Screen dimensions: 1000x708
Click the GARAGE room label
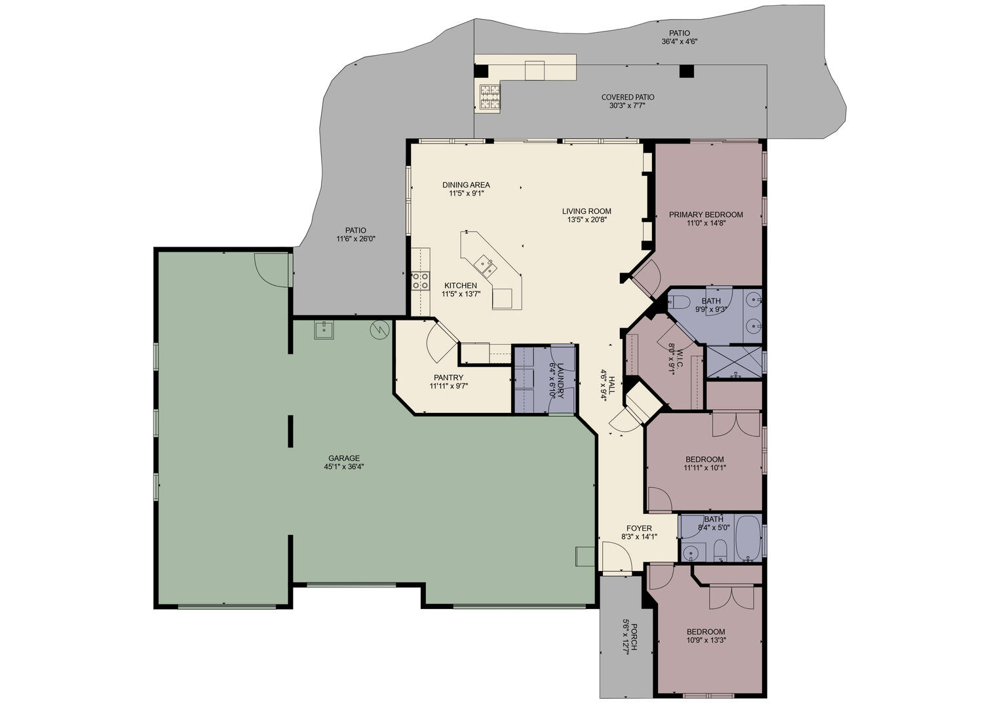344,458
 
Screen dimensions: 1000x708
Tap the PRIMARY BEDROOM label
706,214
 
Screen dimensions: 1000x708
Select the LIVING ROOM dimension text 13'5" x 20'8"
587,220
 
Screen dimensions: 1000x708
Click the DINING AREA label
466,184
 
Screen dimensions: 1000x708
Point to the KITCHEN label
461,285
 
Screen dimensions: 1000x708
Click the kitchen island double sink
486,266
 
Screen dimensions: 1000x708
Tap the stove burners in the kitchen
421,281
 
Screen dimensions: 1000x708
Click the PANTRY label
449,378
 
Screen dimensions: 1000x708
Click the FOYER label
640,528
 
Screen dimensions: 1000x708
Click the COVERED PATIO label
628,97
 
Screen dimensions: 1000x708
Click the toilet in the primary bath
679,302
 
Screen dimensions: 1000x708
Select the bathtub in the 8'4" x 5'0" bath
747,538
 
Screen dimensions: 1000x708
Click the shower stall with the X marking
735,361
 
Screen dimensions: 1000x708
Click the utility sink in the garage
324,330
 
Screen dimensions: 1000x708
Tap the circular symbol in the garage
379,330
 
